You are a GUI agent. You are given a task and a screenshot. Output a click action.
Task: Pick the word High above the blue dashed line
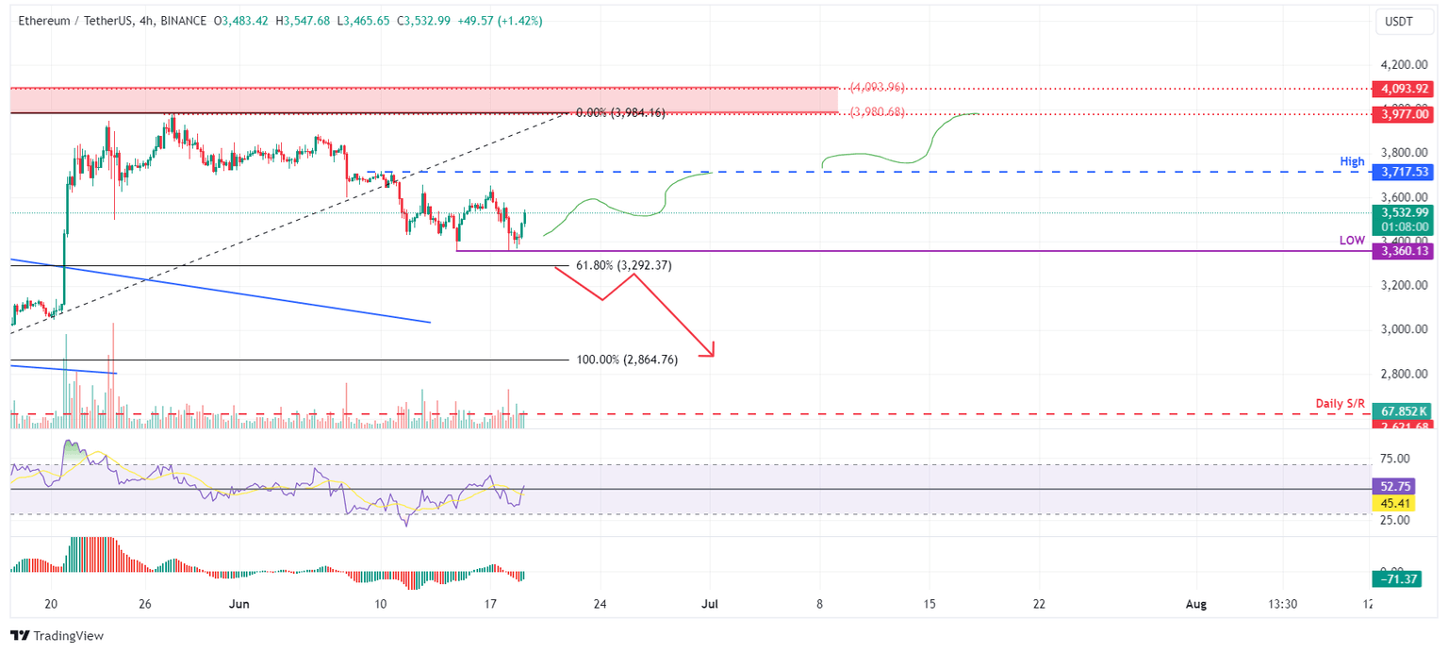1352,162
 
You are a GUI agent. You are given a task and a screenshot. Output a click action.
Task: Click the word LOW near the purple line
1352,241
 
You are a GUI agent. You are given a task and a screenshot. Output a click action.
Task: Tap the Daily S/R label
1340,404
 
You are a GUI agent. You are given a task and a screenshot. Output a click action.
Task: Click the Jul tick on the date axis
710,604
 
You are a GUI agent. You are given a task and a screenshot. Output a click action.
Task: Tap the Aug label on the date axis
1195,604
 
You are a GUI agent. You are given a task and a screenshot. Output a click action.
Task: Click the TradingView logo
57,636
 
